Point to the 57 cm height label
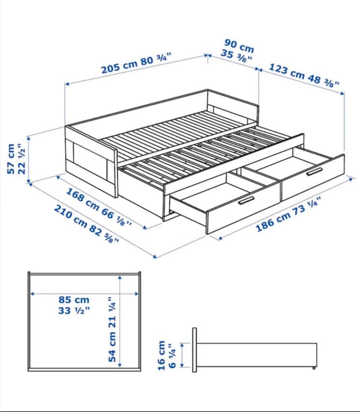coord(11,159)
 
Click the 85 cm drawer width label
coord(74,300)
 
